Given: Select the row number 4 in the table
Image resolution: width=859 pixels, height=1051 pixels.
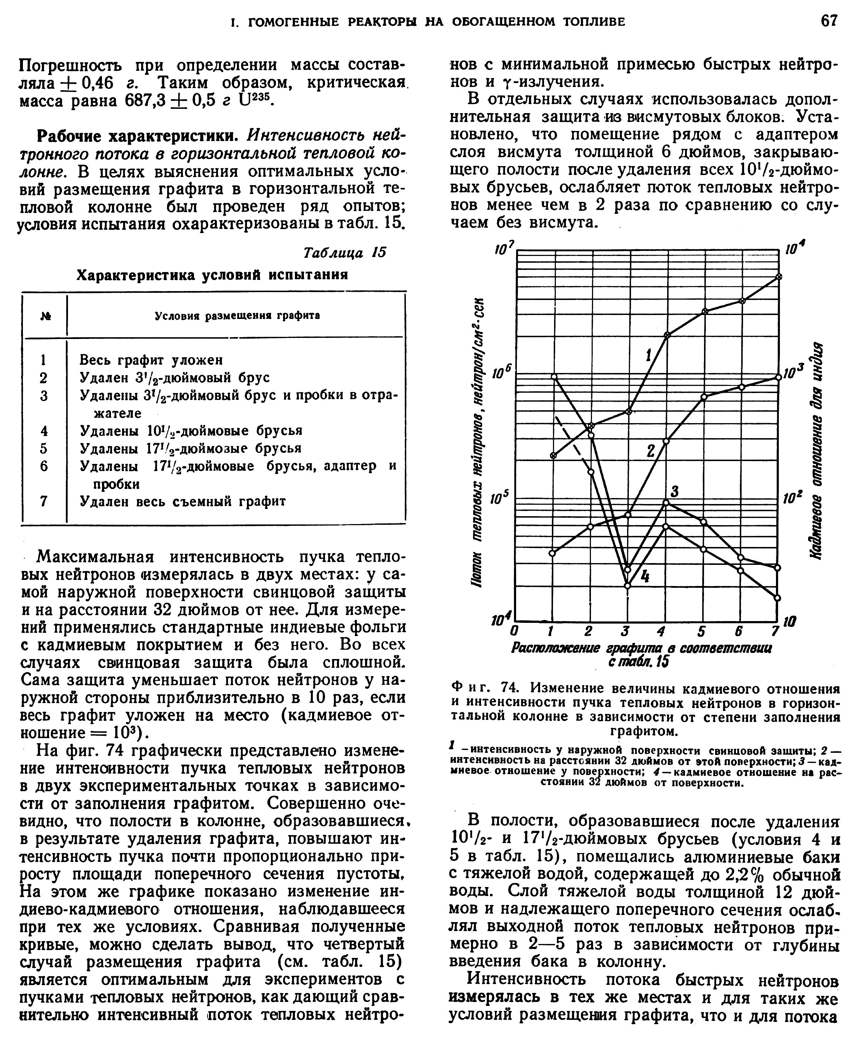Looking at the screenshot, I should coord(44,431).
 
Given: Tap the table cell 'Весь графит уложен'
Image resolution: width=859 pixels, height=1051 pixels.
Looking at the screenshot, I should coord(151,360).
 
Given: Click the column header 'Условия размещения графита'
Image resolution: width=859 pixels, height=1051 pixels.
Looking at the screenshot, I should coord(238,316).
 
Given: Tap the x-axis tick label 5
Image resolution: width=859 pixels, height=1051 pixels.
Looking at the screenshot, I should coord(701,632).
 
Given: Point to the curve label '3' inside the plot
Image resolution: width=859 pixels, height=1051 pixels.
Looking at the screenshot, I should coord(674,491).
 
